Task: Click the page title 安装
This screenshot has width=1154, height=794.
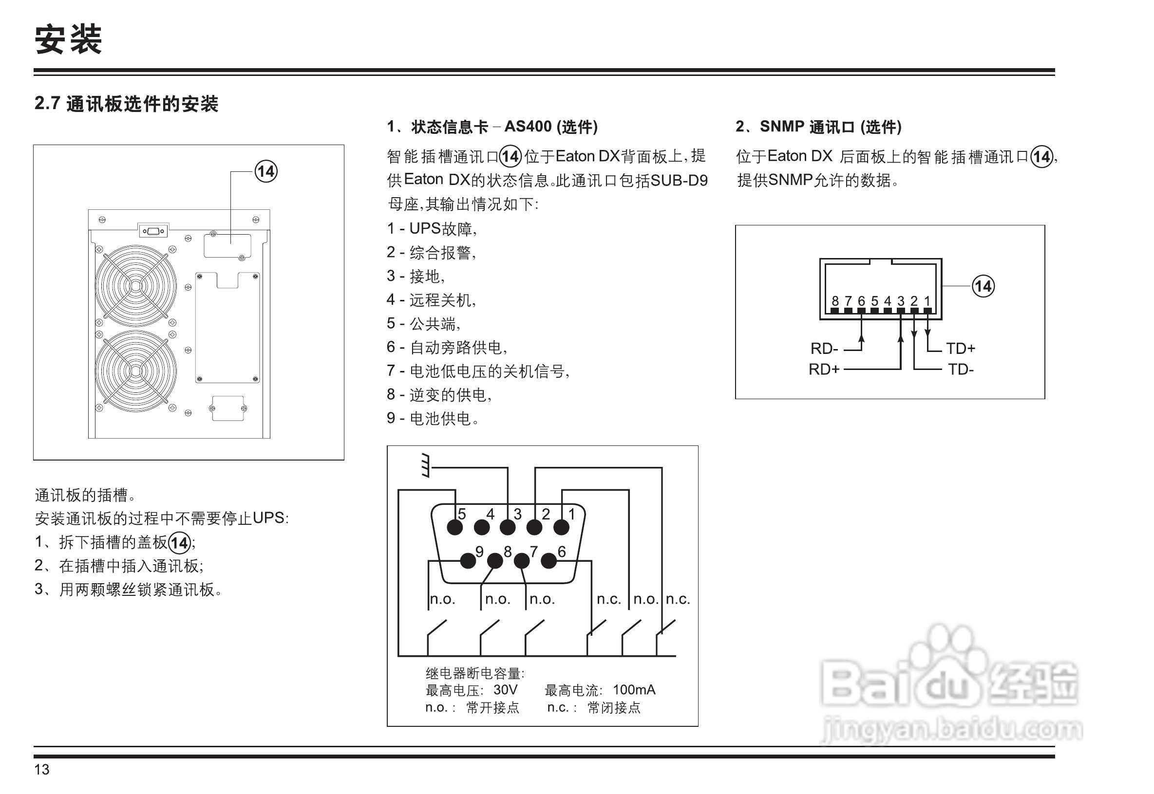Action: point(68,39)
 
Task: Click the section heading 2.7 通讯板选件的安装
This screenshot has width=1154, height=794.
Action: point(127,104)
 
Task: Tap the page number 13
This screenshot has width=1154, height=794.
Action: point(42,770)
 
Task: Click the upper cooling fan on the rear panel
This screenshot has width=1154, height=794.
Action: point(135,286)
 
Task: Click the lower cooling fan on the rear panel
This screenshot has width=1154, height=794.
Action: point(135,371)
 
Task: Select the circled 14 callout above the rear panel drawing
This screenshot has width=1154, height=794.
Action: point(266,172)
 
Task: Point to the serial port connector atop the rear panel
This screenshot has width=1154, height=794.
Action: point(153,231)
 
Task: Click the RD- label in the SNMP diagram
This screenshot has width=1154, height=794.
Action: point(824,349)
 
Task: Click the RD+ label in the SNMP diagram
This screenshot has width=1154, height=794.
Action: point(824,369)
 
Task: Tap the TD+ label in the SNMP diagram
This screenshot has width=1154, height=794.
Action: point(960,349)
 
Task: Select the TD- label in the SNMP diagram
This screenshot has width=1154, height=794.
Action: point(960,369)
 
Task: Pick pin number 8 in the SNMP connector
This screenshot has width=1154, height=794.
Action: point(835,301)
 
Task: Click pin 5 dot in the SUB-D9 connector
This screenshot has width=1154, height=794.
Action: point(454,527)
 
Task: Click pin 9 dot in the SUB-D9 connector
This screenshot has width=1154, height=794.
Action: point(468,561)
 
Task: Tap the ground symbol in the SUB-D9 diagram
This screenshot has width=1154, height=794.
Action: point(425,466)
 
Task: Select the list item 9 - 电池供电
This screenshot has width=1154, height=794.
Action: point(433,418)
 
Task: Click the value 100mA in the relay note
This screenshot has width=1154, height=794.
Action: point(634,690)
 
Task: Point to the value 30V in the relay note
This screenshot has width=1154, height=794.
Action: point(505,690)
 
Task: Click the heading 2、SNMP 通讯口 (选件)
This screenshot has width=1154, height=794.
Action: point(818,127)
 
